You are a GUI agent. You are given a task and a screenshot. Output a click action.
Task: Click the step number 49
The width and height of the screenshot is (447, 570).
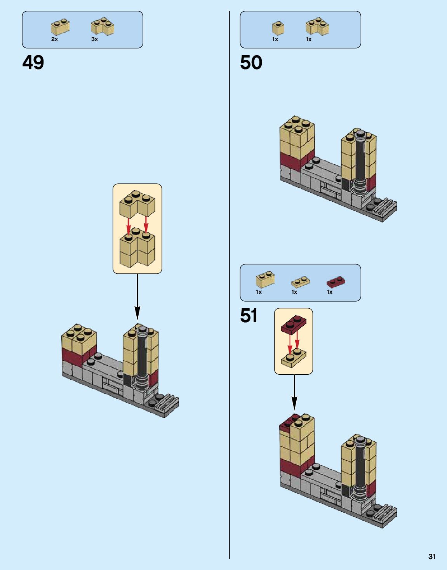click(33, 63)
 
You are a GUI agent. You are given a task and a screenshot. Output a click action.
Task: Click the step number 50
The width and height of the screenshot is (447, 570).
click(251, 63)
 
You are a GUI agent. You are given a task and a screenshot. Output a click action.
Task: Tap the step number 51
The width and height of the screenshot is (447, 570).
click(249, 316)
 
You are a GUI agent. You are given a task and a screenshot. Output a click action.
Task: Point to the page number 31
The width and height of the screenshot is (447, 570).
click(432, 556)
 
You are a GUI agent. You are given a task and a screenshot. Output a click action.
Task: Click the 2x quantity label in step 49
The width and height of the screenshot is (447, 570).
click(54, 39)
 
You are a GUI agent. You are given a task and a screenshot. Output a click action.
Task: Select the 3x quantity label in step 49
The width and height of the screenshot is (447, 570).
click(94, 39)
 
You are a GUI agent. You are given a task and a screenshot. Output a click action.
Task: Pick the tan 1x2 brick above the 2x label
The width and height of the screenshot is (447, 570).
click(60, 27)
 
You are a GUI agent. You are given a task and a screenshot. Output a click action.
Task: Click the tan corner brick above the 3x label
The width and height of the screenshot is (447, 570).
click(103, 26)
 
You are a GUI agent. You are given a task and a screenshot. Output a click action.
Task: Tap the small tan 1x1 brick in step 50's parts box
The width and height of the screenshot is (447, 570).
click(278, 28)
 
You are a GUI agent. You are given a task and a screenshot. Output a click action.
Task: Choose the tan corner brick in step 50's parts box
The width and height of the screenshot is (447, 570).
click(317, 26)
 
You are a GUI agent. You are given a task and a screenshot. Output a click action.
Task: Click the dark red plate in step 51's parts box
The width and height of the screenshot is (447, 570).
click(336, 281)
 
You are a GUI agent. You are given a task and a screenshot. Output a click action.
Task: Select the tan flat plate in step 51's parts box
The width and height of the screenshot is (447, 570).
click(300, 282)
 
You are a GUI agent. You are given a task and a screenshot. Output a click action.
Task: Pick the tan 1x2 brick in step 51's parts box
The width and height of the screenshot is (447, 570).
click(265, 279)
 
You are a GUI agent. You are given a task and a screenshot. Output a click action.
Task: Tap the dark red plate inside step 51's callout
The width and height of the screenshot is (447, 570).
click(294, 325)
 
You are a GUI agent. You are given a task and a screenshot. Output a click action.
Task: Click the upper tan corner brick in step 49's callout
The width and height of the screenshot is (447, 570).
click(137, 204)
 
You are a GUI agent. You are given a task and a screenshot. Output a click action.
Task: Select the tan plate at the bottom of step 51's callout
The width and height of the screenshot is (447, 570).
click(293, 357)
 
